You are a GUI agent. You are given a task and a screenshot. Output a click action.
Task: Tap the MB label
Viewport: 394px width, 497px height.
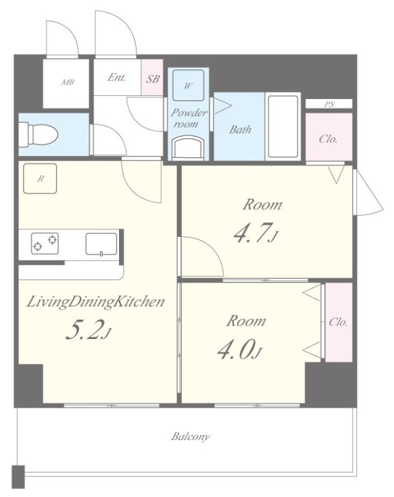coord(67,82)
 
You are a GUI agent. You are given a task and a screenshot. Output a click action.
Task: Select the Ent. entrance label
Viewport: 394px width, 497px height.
coord(116,77)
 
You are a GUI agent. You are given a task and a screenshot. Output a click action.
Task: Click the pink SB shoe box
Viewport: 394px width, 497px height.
coord(152,77)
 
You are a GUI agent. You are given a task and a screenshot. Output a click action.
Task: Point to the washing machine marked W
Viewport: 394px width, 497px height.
coord(188,85)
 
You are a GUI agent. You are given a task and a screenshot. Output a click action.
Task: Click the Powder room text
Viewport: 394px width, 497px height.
coord(189,118)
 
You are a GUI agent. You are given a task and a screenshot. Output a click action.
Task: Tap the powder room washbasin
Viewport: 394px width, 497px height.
coord(188,148)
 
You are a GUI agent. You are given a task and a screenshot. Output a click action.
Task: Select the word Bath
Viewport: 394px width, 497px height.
coord(240,129)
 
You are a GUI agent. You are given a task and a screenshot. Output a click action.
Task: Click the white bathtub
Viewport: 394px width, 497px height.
coord(283,126)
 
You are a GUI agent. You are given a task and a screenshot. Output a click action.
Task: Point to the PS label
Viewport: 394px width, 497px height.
coord(329,104)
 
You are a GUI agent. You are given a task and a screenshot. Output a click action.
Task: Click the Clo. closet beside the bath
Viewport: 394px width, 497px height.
coord(329,137)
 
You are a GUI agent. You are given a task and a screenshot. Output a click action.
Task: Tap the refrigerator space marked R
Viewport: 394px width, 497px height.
coord(40,179)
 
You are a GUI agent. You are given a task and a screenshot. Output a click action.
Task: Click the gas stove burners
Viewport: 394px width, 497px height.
coord(45,243)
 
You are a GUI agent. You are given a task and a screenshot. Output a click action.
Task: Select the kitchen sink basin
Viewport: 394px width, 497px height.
coord(102,244)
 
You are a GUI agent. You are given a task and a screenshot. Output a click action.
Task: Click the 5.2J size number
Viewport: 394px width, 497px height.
coord(88,329)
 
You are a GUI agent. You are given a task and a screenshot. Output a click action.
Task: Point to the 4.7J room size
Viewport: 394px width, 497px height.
coord(256,233)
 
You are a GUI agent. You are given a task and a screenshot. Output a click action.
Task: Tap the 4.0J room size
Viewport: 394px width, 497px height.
coord(240,349)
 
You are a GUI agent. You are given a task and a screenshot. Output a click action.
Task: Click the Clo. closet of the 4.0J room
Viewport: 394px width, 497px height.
coord(339,322)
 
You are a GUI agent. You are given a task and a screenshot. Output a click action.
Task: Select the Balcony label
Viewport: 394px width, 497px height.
coord(190,436)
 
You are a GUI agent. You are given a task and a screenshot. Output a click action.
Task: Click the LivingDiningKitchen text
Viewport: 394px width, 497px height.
coord(96,302)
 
